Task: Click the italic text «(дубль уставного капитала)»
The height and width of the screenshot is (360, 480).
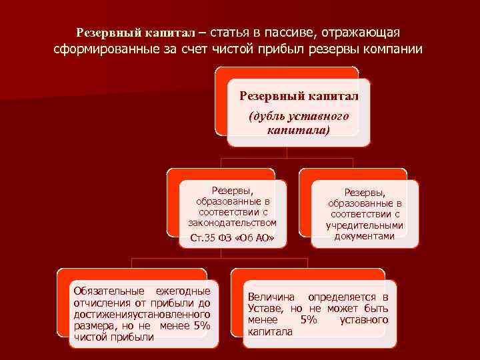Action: point(298,123)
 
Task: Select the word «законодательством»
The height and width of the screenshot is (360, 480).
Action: point(232,222)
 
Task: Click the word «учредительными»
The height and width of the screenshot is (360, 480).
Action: point(365,225)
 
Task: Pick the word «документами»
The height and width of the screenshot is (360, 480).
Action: point(365,235)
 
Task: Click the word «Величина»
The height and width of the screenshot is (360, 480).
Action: point(269,297)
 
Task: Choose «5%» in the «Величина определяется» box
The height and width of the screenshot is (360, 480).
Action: point(309,320)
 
